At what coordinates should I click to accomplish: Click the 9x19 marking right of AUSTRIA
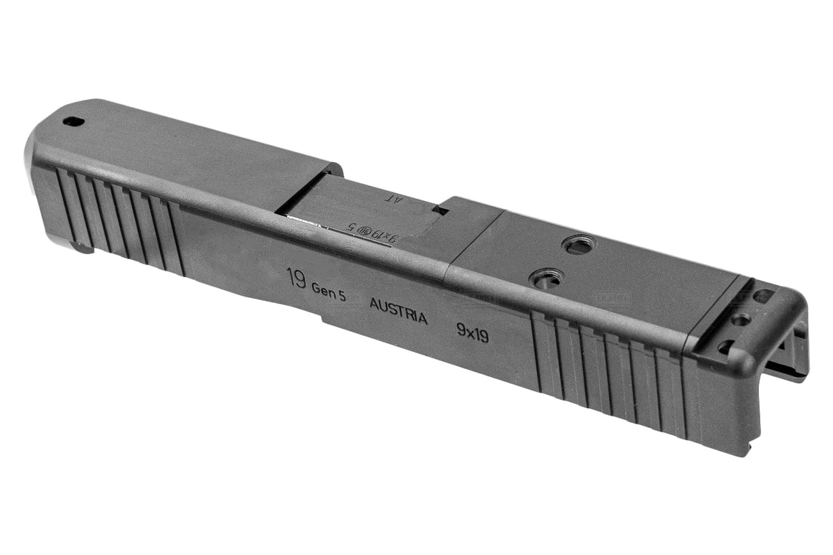[473, 331]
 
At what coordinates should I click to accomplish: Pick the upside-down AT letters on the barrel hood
[396, 197]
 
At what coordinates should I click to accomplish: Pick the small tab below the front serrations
[83, 248]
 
